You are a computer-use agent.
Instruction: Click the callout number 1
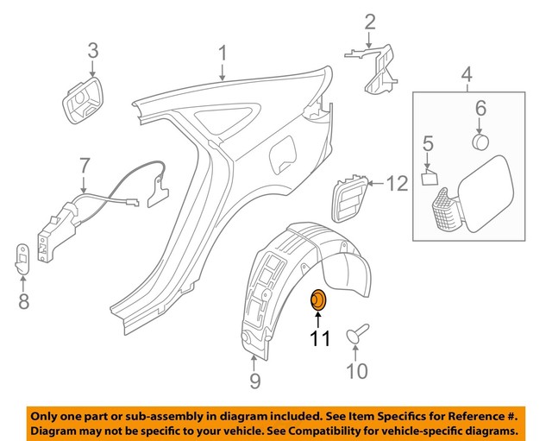pyautogui.click(x=222, y=54)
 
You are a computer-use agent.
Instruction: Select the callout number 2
pyautogui.click(x=369, y=22)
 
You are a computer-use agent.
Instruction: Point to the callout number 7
pyautogui.click(x=84, y=164)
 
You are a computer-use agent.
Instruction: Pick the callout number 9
pyautogui.click(x=255, y=380)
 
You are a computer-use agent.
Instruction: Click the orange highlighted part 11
pyautogui.click(x=318, y=299)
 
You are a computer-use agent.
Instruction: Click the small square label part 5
pyautogui.click(x=430, y=179)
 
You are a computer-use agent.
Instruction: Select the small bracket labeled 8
pyautogui.click(x=23, y=259)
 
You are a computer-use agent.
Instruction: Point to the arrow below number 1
pyautogui.click(x=223, y=74)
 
